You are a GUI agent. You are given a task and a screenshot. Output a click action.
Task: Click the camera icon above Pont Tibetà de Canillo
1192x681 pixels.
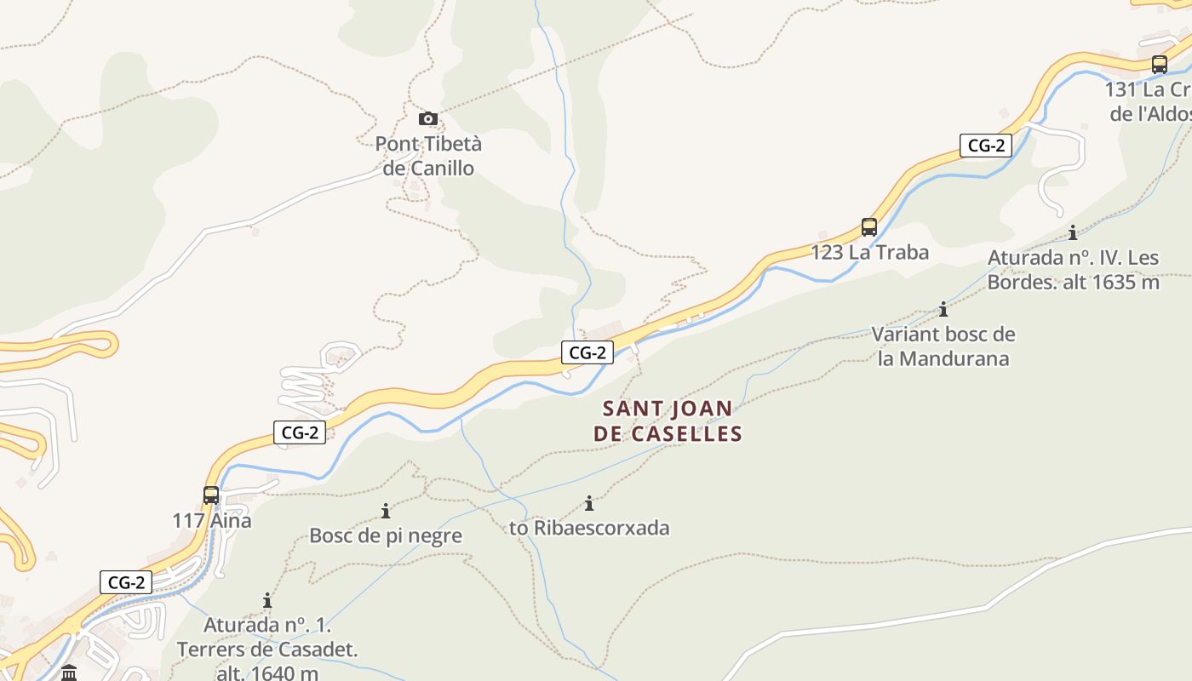[x=428, y=119]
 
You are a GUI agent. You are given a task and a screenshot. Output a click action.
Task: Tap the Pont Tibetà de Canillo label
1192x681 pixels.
[x=428, y=156]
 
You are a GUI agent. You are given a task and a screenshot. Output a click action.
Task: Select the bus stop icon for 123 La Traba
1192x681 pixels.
[x=869, y=227]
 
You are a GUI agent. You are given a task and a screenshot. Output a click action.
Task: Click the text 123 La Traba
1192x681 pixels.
[x=869, y=253]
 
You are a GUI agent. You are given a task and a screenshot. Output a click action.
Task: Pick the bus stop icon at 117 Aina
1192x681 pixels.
[x=211, y=495]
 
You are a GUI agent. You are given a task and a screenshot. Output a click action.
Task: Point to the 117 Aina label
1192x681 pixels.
[x=212, y=520]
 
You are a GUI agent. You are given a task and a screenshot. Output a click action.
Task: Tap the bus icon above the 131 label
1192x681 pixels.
[x=1159, y=64]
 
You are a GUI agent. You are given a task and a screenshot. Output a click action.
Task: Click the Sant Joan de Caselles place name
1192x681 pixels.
[x=668, y=421]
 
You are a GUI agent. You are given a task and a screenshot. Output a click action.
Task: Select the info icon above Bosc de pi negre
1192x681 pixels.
[x=386, y=511]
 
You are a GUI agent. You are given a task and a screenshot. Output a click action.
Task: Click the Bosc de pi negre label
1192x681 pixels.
[x=386, y=536]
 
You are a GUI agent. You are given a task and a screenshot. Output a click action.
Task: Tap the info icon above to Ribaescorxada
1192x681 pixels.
[x=588, y=503]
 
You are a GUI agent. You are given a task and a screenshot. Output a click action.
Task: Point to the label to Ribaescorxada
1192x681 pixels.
[x=589, y=528]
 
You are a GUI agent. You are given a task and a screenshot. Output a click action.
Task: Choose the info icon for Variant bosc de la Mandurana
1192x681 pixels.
[x=943, y=310]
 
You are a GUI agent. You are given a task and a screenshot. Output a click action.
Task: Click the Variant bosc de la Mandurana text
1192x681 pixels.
[x=943, y=346]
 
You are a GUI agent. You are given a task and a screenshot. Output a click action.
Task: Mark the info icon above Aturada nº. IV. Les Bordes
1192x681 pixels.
[x=1073, y=232]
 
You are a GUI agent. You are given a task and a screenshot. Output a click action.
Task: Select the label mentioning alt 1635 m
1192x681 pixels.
[x=1074, y=270]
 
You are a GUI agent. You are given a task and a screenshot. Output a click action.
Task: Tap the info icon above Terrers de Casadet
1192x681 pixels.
[x=267, y=601]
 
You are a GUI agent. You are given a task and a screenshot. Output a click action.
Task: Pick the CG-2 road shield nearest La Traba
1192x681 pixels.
[x=985, y=146]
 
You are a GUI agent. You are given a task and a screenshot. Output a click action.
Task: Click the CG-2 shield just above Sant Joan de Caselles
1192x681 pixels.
[x=587, y=352]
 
